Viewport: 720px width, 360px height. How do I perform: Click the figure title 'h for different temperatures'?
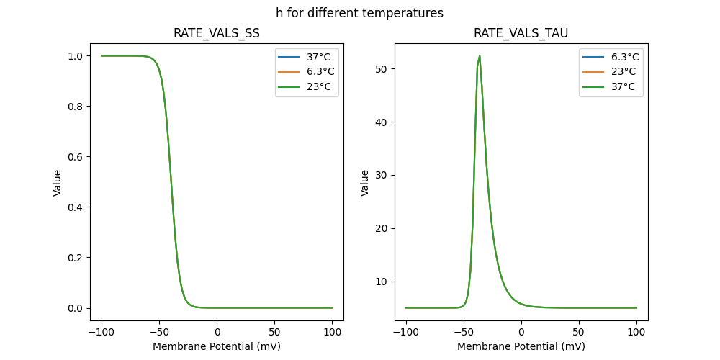(359, 13)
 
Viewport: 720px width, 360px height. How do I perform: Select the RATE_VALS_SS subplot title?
(217, 34)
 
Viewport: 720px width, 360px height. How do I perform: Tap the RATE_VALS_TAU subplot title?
(521, 34)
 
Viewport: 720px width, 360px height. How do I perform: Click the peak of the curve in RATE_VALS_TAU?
(480, 56)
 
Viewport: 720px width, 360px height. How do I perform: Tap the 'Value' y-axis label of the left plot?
(58, 183)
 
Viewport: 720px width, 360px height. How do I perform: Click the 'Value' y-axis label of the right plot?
(365, 183)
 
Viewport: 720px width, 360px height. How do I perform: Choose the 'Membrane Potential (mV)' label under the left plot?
(217, 346)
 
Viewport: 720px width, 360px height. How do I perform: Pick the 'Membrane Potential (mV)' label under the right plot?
(521, 346)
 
